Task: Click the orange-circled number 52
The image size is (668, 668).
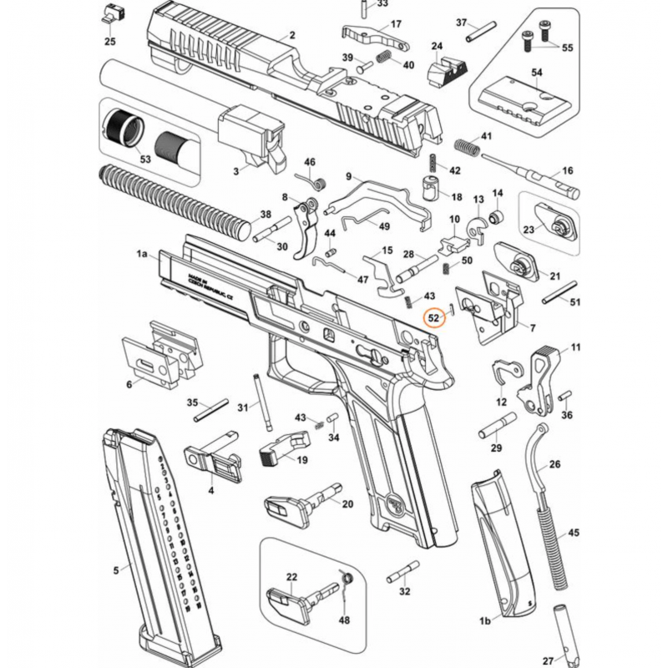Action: click(x=434, y=318)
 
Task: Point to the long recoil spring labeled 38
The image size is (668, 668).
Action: click(x=175, y=199)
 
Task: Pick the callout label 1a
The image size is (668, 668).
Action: click(x=142, y=252)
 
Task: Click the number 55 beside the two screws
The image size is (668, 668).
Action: click(x=567, y=48)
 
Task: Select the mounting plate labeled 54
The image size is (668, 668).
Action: click(x=519, y=98)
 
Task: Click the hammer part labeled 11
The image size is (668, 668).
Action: click(x=544, y=376)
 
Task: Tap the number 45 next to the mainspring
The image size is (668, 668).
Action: click(x=573, y=531)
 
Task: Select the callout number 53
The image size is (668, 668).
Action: click(x=145, y=159)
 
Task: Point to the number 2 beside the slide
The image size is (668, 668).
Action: click(x=292, y=35)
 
